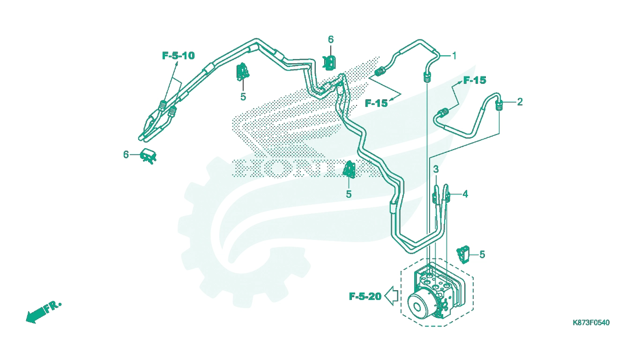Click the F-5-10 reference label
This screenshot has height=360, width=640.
[179, 55]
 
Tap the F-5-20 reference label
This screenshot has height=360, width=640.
[365, 296]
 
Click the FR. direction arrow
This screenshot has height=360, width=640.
[43, 312]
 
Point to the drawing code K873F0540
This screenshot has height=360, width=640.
[591, 322]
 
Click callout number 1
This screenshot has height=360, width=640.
[454, 56]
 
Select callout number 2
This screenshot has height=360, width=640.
[520, 102]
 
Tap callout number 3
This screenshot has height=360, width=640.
[436, 169]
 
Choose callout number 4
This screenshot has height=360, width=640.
[465, 194]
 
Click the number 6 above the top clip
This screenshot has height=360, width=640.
[331, 39]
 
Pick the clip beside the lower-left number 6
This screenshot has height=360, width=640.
[148, 156]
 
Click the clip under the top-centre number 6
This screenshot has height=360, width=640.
[329, 63]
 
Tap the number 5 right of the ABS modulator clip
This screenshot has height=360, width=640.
[482, 255]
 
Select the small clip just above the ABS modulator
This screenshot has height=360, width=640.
[463, 254]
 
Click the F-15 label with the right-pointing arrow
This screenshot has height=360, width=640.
[475, 80]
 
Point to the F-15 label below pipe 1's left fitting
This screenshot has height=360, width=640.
[376, 103]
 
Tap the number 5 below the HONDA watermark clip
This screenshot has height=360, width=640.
[349, 195]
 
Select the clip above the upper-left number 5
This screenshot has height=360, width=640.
[243, 72]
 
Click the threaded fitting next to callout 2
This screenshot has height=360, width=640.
[499, 105]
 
